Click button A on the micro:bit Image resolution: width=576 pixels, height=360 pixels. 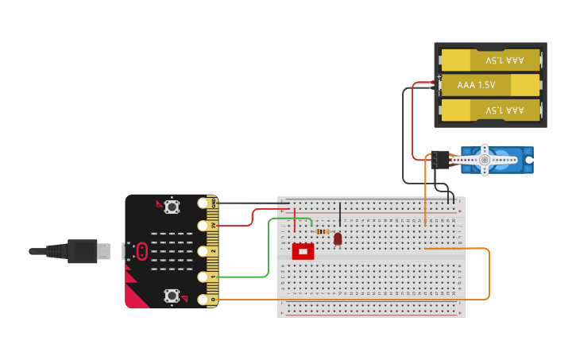[172, 207]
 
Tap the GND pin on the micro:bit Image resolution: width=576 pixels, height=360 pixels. [203, 203]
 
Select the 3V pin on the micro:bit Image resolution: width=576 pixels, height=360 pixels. [203, 226]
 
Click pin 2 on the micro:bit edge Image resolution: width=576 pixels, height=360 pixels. [203, 250]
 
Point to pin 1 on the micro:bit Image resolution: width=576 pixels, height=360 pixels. [203, 277]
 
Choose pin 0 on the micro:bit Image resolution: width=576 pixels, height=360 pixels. [203, 300]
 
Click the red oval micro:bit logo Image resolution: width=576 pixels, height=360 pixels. [142, 251]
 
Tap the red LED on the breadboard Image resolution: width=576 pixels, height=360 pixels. [338, 238]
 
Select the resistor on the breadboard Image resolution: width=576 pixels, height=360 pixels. [323, 231]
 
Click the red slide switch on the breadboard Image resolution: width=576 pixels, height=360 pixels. [303, 251]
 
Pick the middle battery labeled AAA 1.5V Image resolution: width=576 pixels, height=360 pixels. [490, 84]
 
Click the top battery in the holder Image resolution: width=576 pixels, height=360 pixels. [490, 60]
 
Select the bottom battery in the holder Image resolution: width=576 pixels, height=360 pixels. [490, 110]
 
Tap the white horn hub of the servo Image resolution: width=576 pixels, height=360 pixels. [485, 159]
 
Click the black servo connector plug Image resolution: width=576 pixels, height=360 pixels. [439, 159]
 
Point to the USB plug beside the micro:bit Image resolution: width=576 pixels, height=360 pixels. [83, 251]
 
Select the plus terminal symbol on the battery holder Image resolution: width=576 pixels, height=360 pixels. [439, 77]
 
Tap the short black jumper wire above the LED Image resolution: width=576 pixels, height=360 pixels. [340, 215]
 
